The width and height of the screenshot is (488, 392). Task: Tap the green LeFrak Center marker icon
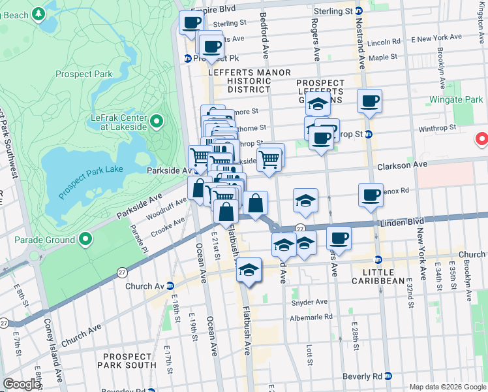157,122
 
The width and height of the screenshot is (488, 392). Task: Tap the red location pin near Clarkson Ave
482,139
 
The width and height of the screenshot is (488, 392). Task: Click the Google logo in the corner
22,384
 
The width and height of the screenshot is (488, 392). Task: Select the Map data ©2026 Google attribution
447,387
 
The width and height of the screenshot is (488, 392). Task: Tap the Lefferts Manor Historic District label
239,80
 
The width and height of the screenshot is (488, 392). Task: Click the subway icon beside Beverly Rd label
389,376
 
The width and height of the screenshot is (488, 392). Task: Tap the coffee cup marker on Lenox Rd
371,195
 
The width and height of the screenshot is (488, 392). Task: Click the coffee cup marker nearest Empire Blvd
191,22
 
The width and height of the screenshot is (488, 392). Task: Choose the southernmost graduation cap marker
249,270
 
